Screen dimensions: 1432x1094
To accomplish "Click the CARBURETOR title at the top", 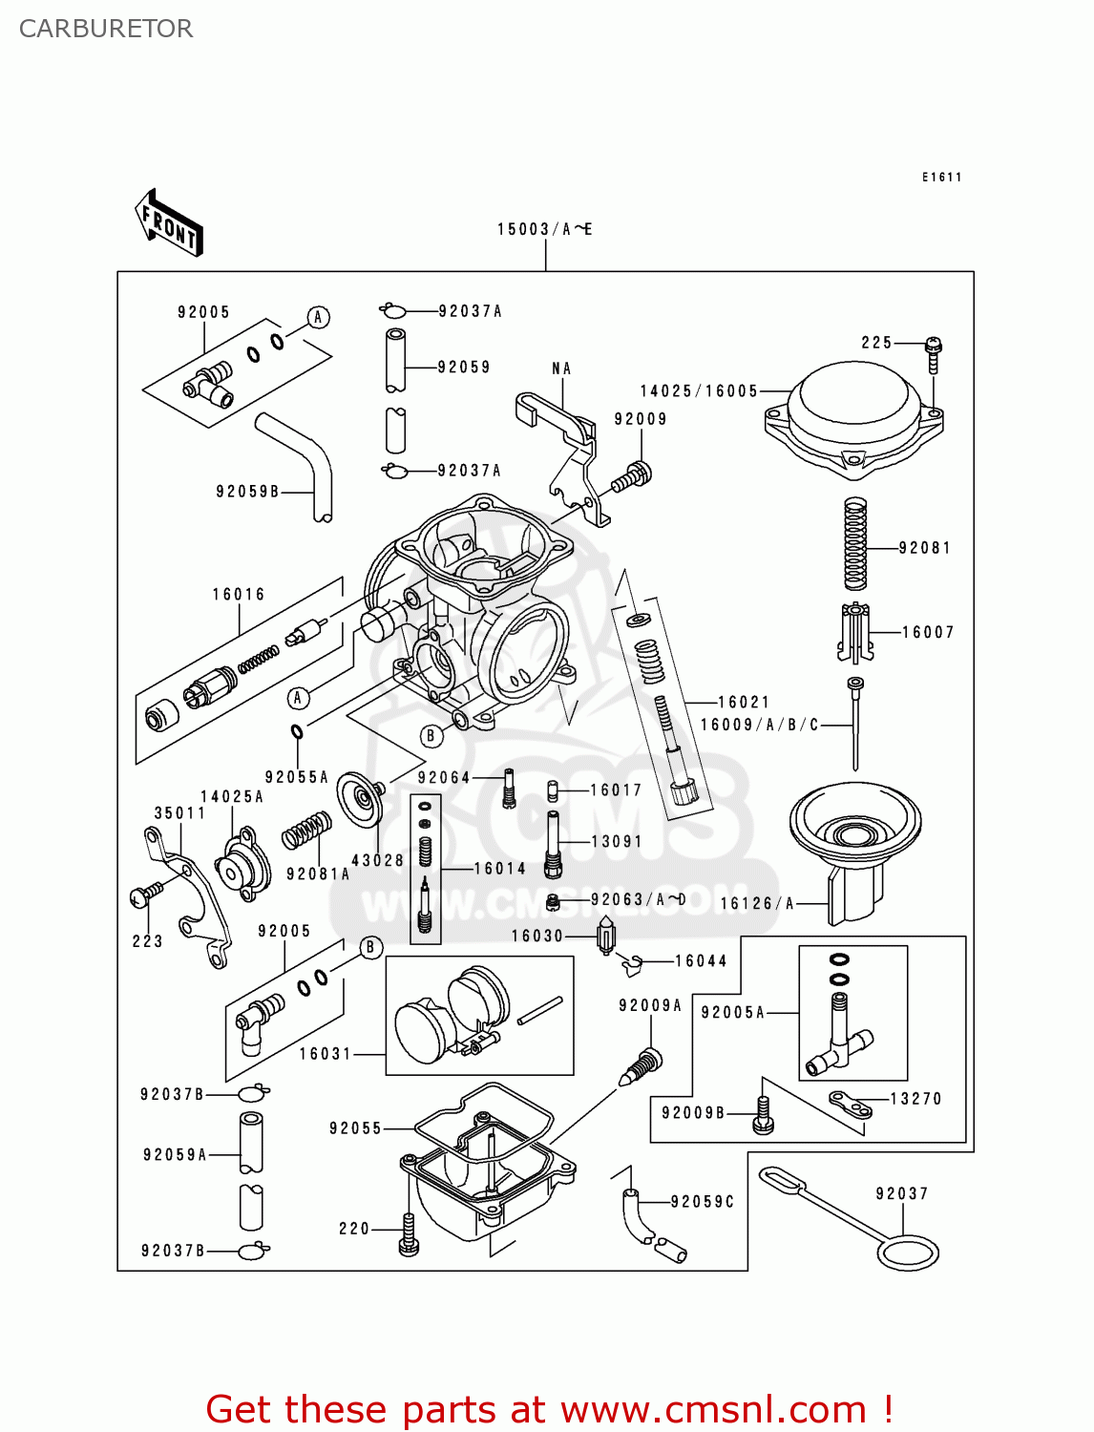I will point(106,29).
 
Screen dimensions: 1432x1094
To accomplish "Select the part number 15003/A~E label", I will point(544,229).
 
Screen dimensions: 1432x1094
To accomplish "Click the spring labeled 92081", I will point(855,543).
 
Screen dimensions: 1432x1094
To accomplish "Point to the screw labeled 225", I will point(934,354).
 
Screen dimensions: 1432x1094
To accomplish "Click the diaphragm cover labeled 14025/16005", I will point(854,415).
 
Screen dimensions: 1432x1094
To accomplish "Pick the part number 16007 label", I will point(928,632).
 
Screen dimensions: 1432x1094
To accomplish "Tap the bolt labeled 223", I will point(145,895).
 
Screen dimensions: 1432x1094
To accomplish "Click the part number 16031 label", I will point(326,1054).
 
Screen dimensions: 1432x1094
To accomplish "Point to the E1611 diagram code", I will point(941,177).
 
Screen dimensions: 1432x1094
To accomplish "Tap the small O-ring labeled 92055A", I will point(297,732).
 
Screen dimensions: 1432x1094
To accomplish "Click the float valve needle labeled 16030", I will point(605,935).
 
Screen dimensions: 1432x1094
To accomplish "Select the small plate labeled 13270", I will point(850,1104).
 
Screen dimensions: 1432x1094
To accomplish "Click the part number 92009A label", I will point(650,1005).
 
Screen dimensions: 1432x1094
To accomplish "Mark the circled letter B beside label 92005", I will point(370,947).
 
